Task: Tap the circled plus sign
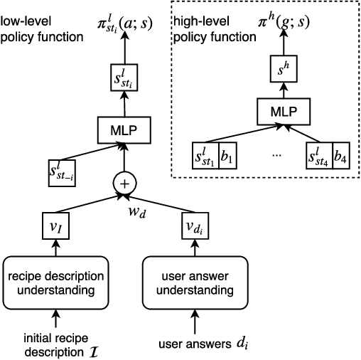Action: (x=125, y=183)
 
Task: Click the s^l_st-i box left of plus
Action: (x=61, y=172)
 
